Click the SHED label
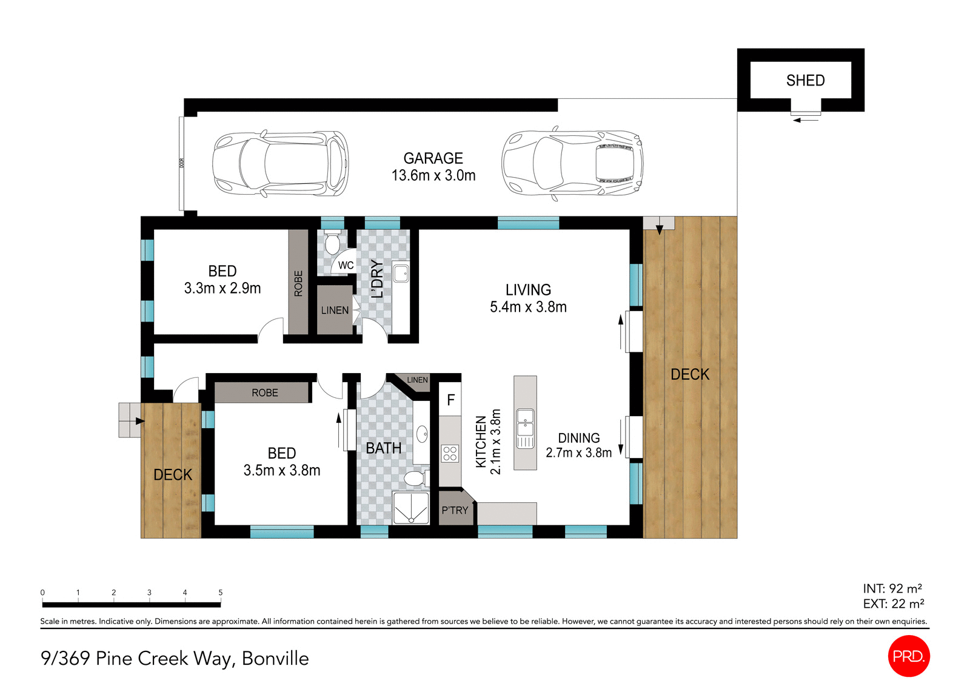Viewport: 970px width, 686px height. (x=805, y=80)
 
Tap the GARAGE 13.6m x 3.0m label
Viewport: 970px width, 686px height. (x=433, y=167)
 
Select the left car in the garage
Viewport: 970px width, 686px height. (x=280, y=164)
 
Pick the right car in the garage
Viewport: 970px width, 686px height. (x=572, y=164)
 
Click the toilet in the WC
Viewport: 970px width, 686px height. (x=332, y=243)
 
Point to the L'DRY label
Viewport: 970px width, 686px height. (x=377, y=278)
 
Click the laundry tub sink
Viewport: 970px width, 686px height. (x=401, y=273)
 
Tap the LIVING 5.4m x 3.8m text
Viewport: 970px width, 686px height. (x=528, y=298)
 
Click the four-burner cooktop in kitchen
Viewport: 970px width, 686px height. (x=450, y=454)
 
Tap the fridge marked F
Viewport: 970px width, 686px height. (x=450, y=400)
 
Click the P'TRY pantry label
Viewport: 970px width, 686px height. (x=455, y=510)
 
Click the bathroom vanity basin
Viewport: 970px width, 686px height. (x=422, y=434)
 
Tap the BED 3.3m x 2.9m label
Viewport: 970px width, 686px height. (x=222, y=280)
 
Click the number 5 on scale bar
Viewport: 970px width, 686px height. (x=221, y=593)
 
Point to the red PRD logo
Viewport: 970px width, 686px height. (x=908, y=656)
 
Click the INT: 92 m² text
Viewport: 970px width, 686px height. (x=892, y=588)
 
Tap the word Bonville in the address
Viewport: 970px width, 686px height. (x=275, y=658)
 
